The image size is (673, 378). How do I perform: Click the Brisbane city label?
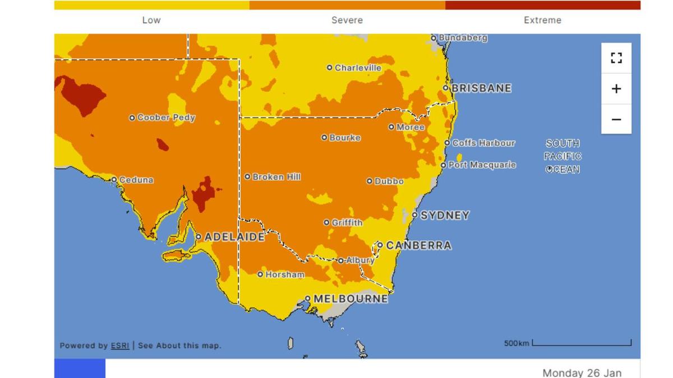[x=481, y=88]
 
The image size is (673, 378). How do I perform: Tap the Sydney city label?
[x=445, y=215]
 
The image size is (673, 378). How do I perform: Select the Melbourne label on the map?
[x=351, y=299]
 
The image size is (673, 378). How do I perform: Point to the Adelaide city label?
[x=234, y=237]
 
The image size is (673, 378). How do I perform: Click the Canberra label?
[x=418, y=245]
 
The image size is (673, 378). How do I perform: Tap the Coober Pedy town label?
[x=166, y=118]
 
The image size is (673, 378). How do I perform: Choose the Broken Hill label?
[x=276, y=177]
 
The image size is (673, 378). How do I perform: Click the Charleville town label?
[x=358, y=68]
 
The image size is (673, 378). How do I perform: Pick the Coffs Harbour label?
[x=483, y=143]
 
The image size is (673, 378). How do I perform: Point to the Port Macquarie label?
[x=482, y=165]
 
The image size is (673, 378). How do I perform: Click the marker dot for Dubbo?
[x=370, y=181]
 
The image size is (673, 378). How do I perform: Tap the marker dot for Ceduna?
[x=114, y=180]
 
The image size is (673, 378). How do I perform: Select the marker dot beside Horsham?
[x=260, y=274]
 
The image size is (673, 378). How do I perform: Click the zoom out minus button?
[x=616, y=119]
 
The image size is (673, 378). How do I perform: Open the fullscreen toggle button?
[x=616, y=58]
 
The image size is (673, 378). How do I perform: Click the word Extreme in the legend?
[x=542, y=20]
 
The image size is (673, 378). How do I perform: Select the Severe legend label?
[x=347, y=20]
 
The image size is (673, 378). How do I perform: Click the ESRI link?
[x=120, y=346]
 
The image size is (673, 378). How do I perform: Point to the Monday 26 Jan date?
[x=582, y=372]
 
